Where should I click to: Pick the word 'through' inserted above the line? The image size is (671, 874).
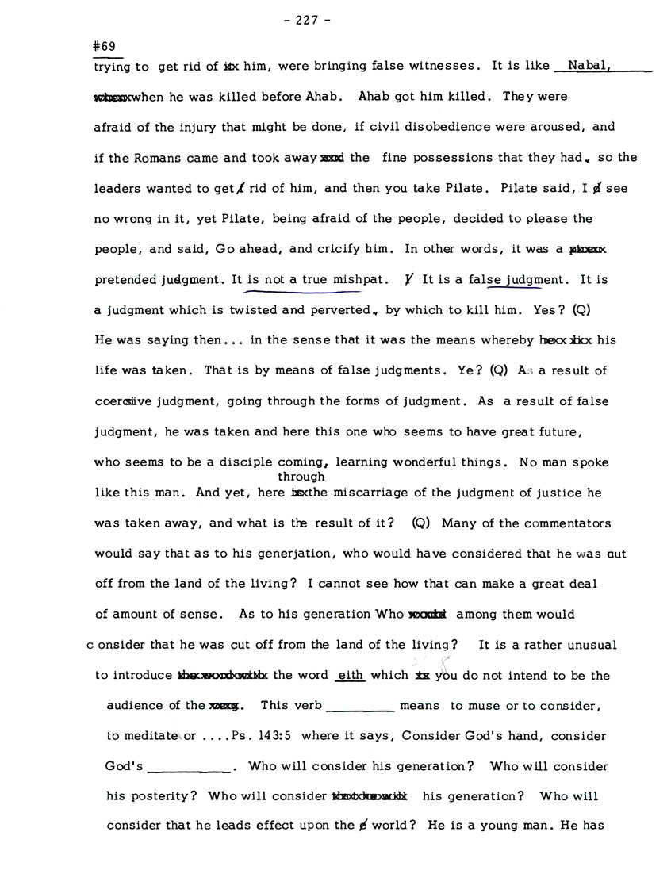[x=301, y=477]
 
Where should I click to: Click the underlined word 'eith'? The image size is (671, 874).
[x=350, y=676]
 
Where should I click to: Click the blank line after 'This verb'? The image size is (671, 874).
[x=360, y=706]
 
